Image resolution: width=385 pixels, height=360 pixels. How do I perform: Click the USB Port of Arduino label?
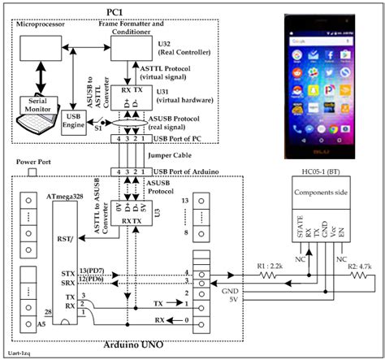coord(197,172)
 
